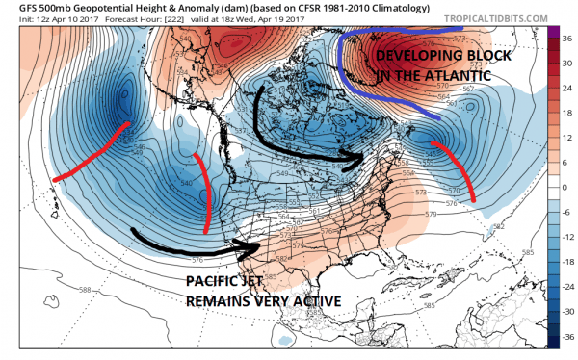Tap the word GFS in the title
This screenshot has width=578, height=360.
(16, 9)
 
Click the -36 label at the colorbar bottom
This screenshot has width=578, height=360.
(564, 338)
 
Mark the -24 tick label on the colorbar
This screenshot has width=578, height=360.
(564, 288)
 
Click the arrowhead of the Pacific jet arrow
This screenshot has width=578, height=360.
(255, 247)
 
